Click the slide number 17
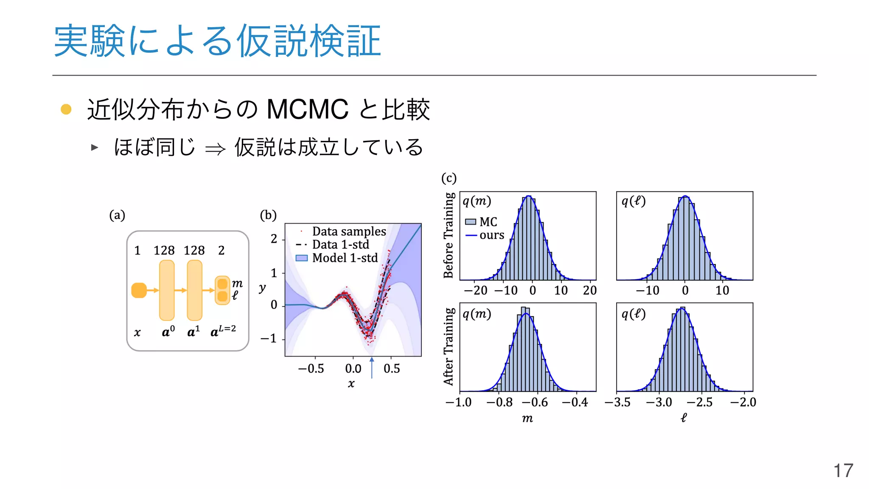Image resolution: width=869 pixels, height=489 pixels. click(x=843, y=471)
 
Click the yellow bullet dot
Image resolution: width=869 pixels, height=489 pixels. click(x=66, y=109)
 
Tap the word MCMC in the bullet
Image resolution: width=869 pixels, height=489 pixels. click(x=307, y=110)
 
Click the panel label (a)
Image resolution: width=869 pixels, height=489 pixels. click(x=117, y=215)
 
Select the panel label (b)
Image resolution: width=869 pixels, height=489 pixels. click(x=268, y=215)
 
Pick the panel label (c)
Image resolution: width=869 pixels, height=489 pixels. click(x=449, y=178)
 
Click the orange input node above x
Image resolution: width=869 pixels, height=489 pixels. click(x=139, y=290)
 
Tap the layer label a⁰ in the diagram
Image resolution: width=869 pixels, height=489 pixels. click(x=168, y=332)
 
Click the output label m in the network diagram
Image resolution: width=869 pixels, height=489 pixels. click(x=237, y=283)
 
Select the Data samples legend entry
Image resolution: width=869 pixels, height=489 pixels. click(x=349, y=231)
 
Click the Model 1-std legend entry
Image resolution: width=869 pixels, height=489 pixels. click(x=345, y=258)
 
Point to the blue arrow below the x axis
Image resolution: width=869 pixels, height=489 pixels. click(x=372, y=368)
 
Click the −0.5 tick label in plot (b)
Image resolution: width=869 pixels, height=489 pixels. click(x=311, y=368)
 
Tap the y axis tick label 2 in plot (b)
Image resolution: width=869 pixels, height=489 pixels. click(x=274, y=239)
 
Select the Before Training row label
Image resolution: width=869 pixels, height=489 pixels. click(x=449, y=235)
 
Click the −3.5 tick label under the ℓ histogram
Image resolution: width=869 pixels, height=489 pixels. click(x=617, y=402)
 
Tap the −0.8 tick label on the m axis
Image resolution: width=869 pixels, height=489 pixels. click(x=499, y=402)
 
